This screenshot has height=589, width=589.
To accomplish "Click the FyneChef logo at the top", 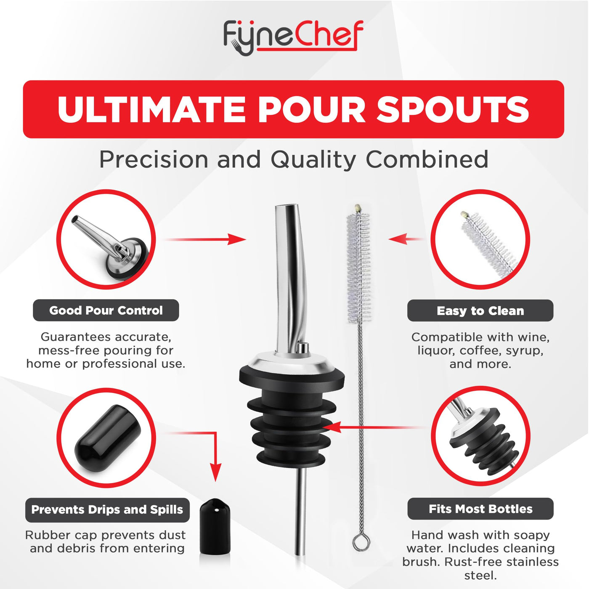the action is (x=294, y=38).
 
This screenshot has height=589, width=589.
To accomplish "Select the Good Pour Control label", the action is (x=106, y=310).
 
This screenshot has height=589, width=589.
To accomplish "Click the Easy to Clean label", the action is (x=480, y=310).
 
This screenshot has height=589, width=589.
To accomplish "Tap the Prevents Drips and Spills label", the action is (x=107, y=509).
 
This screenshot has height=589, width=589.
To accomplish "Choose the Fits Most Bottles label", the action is (x=480, y=509).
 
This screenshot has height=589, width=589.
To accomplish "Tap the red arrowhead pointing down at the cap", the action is (x=215, y=472).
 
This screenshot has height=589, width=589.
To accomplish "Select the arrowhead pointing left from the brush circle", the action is (x=397, y=239).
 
